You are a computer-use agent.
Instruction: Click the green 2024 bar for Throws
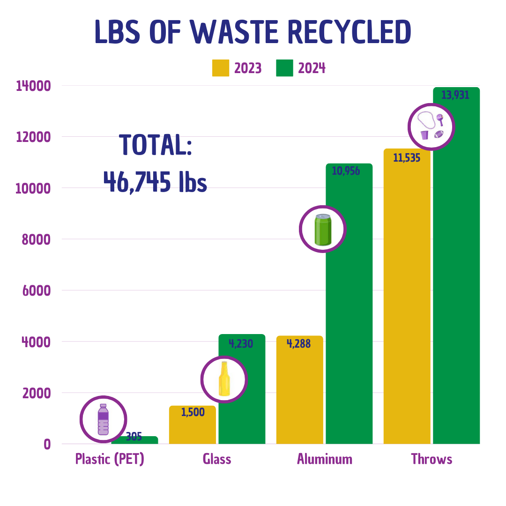tap(456, 281)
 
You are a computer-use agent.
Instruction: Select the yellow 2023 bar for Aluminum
tap(299, 394)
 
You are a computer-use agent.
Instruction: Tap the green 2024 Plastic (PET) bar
tap(141, 440)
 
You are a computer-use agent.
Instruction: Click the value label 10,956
tap(346, 171)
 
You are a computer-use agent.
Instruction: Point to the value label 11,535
tap(407, 158)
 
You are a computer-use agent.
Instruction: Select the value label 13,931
tap(455, 95)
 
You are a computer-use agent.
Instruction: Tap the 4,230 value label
tap(241, 344)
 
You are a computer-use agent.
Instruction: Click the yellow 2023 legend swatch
tap(221, 68)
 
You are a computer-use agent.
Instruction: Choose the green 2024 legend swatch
tap(284, 68)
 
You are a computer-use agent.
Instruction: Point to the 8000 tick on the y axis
tap(37, 239)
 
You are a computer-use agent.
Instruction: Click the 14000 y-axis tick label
tap(33, 86)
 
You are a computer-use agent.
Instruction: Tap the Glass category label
tap(217, 459)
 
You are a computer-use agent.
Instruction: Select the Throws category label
tap(432, 459)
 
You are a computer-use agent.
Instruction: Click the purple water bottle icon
tap(103, 419)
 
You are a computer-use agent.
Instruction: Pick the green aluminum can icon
tap(322, 229)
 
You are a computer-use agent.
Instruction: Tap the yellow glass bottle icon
tap(224, 379)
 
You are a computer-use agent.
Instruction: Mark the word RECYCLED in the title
tap(349, 33)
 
